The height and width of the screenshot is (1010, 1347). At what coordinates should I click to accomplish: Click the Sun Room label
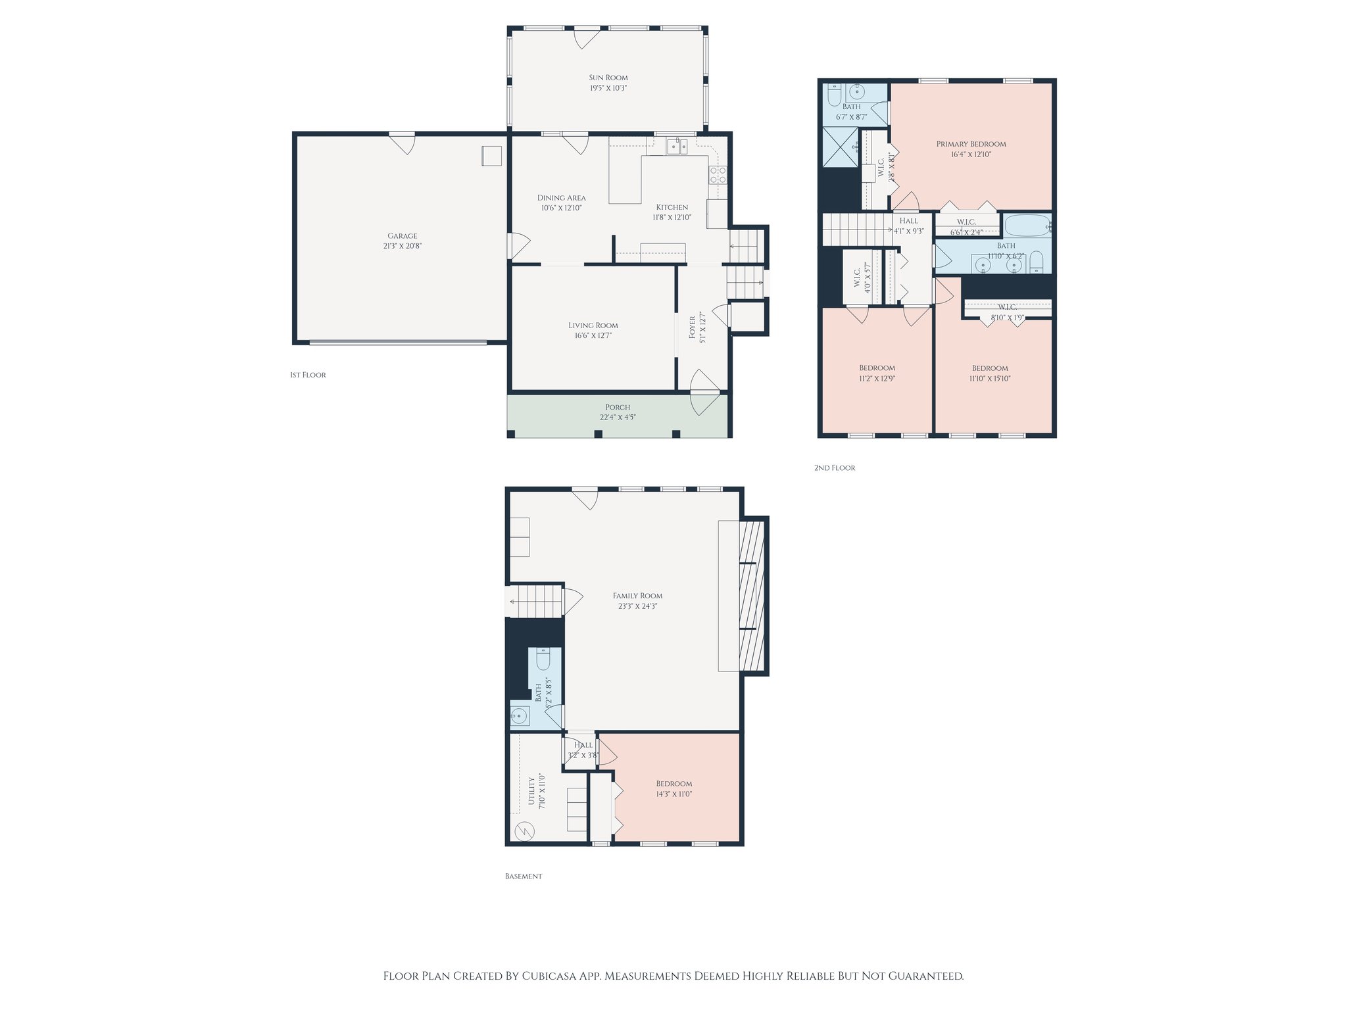(x=608, y=78)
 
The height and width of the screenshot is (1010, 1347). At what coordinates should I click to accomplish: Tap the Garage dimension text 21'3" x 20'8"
(x=402, y=246)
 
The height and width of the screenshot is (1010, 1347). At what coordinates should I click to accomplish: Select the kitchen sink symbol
(x=677, y=146)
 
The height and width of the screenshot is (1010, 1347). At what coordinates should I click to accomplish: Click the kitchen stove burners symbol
(x=718, y=174)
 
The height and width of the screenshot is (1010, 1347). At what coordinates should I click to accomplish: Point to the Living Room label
(x=593, y=325)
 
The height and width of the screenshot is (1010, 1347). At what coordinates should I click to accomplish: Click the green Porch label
(x=618, y=407)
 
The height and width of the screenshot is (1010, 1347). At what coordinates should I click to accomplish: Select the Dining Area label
(x=561, y=197)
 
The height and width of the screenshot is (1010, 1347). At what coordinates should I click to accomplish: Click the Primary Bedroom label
(x=971, y=144)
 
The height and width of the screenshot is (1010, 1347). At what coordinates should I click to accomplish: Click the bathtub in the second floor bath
(x=1026, y=226)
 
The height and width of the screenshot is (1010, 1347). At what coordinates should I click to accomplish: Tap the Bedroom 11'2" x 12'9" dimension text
(x=877, y=378)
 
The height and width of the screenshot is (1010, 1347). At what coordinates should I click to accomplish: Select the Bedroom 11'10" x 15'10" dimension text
(x=990, y=378)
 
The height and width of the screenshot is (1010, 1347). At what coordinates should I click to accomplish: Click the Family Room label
(x=637, y=596)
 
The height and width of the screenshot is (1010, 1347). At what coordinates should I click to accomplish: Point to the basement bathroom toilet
(x=544, y=658)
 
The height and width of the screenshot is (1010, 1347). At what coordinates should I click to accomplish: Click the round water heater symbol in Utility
(x=524, y=831)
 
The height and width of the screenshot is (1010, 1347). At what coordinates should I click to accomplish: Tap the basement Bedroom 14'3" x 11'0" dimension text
(x=674, y=794)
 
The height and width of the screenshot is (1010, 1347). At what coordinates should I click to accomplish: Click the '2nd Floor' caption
(x=834, y=468)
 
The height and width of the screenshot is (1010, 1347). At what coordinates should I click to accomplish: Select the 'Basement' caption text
(x=523, y=876)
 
